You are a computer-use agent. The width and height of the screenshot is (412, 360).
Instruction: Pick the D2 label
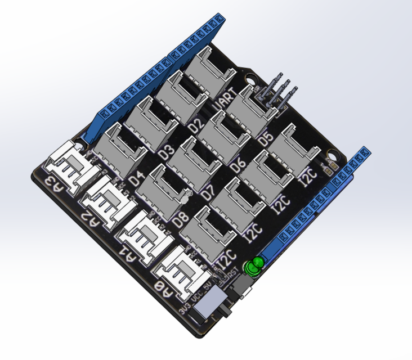(x=196, y=125)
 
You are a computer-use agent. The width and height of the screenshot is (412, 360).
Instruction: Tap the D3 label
(x=166, y=151)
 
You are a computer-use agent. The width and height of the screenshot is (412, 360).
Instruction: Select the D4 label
(x=137, y=179)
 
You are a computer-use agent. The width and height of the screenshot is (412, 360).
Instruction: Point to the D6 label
(x=238, y=164)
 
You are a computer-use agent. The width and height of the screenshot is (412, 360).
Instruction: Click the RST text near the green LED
(x=231, y=274)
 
